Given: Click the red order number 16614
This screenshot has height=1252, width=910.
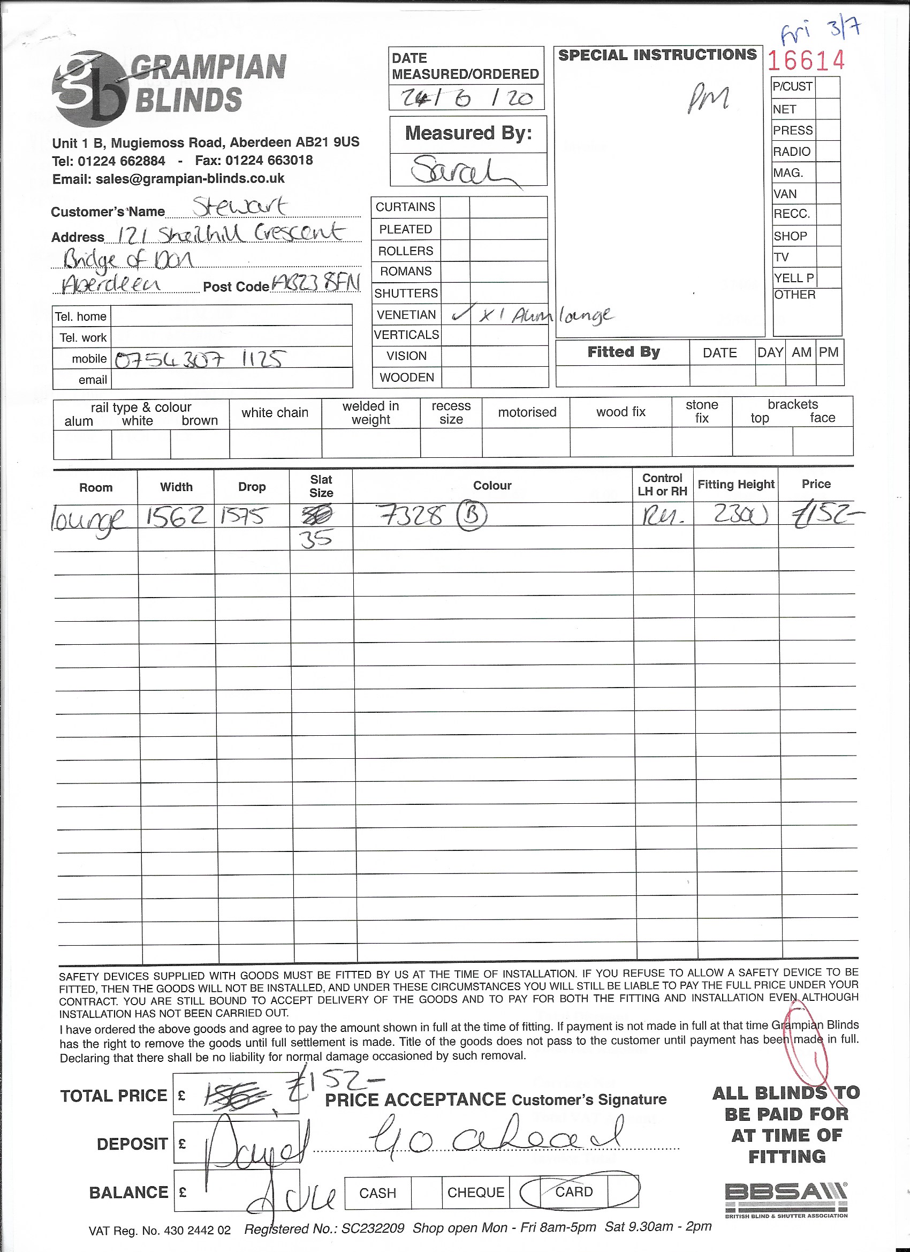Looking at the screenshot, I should tap(806, 61).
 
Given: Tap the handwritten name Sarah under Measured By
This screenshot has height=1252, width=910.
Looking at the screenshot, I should tap(464, 171).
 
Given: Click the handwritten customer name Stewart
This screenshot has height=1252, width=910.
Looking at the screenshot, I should tap(239, 207).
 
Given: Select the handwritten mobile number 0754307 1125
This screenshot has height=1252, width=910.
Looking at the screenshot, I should tap(200, 360).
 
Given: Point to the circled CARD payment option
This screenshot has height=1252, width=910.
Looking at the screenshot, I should tap(574, 1192).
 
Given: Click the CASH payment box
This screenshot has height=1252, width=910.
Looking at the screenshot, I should tap(377, 1193).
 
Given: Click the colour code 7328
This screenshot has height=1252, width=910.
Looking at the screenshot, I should tap(412, 516).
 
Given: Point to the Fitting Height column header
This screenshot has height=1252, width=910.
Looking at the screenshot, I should tap(735, 485).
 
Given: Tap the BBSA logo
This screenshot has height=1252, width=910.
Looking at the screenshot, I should tap(786, 1199).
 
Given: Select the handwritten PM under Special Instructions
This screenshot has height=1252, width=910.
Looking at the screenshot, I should tap(709, 98).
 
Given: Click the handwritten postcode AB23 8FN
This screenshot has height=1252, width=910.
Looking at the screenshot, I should tap(315, 285).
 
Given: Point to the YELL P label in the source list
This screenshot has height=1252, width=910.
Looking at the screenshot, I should tap(793, 278).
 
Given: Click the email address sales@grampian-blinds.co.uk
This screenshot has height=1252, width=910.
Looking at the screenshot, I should tap(168, 179).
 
